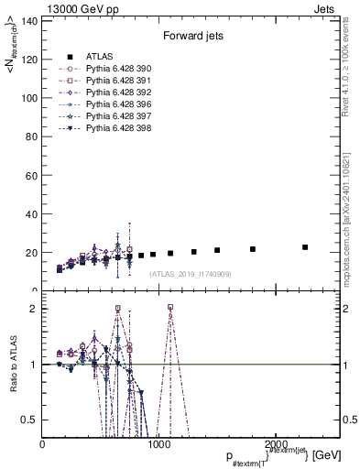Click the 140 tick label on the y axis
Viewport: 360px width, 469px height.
coord(28,20)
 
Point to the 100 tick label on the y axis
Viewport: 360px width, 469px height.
coord(28,97)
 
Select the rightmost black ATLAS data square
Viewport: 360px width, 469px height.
coord(305,247)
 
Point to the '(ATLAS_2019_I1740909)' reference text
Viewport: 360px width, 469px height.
coord(190,274)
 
